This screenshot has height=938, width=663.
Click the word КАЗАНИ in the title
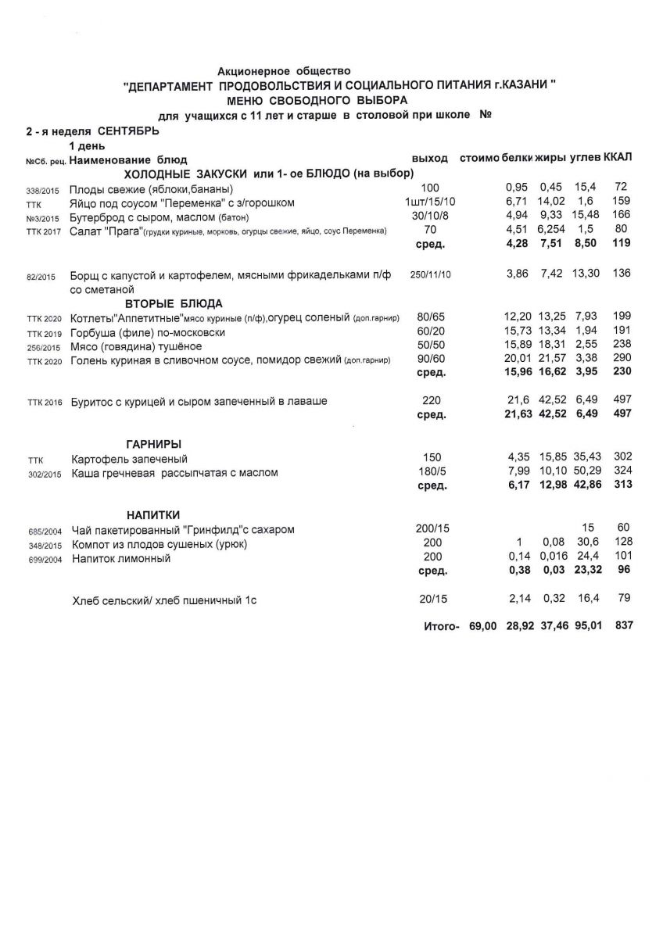[523, 87]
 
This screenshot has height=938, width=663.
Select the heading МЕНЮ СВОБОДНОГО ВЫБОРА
[317, 101]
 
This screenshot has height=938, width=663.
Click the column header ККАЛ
[618, 158]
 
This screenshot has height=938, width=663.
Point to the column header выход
[429, 159]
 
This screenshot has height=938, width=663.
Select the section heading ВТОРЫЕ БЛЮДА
[174, 303]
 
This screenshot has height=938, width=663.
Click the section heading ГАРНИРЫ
[154, 444]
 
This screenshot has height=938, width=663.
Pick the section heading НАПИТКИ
[153, 515]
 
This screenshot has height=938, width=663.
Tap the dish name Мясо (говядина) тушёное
[136, 346]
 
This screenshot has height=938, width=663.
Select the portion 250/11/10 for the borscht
[430, 276]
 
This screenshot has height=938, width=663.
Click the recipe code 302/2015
[43, 474]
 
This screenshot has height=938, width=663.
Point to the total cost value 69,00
[482, 626]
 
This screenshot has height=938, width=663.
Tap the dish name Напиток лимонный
[121, 559]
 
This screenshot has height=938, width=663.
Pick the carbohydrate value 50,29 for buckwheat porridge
[587, 473]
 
